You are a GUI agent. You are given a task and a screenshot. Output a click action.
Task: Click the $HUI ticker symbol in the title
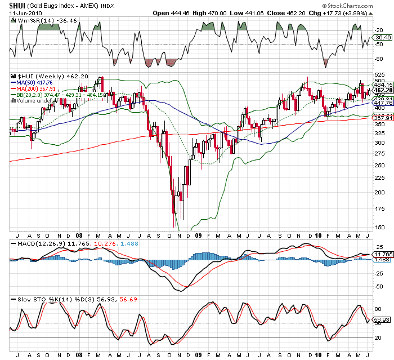19,5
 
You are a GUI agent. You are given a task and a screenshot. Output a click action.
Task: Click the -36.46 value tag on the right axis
382,37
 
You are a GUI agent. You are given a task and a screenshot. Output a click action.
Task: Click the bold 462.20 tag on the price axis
383,90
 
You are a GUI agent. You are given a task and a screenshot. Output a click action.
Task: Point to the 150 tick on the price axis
380,227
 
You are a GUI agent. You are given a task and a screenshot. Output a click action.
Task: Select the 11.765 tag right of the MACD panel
383,254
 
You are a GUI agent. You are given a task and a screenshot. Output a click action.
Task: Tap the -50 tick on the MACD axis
379,286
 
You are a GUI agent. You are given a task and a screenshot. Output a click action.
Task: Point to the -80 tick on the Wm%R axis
379,59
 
